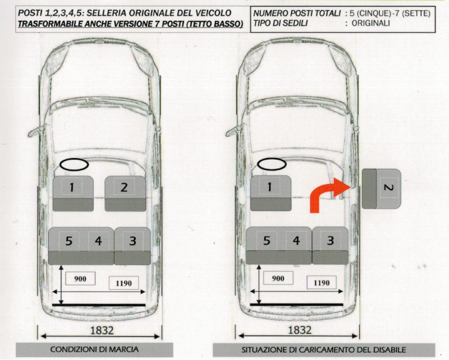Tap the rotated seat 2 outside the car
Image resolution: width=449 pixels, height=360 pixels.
[x=382, y=188]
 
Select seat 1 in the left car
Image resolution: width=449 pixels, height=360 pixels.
[x=73, y=193]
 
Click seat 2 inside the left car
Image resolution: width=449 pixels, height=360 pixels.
[x=125, y=193]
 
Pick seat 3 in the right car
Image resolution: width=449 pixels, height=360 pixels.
[x=330, y=246]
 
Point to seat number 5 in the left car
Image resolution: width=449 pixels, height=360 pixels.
[x=68, y=241]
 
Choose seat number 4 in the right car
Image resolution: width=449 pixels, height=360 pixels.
[x=296, y=241]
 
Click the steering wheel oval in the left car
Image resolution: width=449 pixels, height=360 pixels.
[x=74, y=164]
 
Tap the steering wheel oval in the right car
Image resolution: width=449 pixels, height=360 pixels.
[x=272, y=164]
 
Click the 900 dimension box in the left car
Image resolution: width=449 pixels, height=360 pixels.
[x=80, y=279]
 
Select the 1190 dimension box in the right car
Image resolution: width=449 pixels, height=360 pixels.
[x=322, y=283]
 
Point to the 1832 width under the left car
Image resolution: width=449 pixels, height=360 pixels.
[x=102, y=330]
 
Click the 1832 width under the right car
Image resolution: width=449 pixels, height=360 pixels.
[x=300, y=330]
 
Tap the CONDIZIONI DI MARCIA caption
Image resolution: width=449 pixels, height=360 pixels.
[x=94, y=349]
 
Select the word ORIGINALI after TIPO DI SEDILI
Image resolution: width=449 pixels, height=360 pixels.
[x=370, y=23]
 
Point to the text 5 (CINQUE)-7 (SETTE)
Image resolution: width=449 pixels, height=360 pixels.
[x=390, y=13]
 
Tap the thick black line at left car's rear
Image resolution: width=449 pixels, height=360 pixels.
[x=99, y=305]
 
